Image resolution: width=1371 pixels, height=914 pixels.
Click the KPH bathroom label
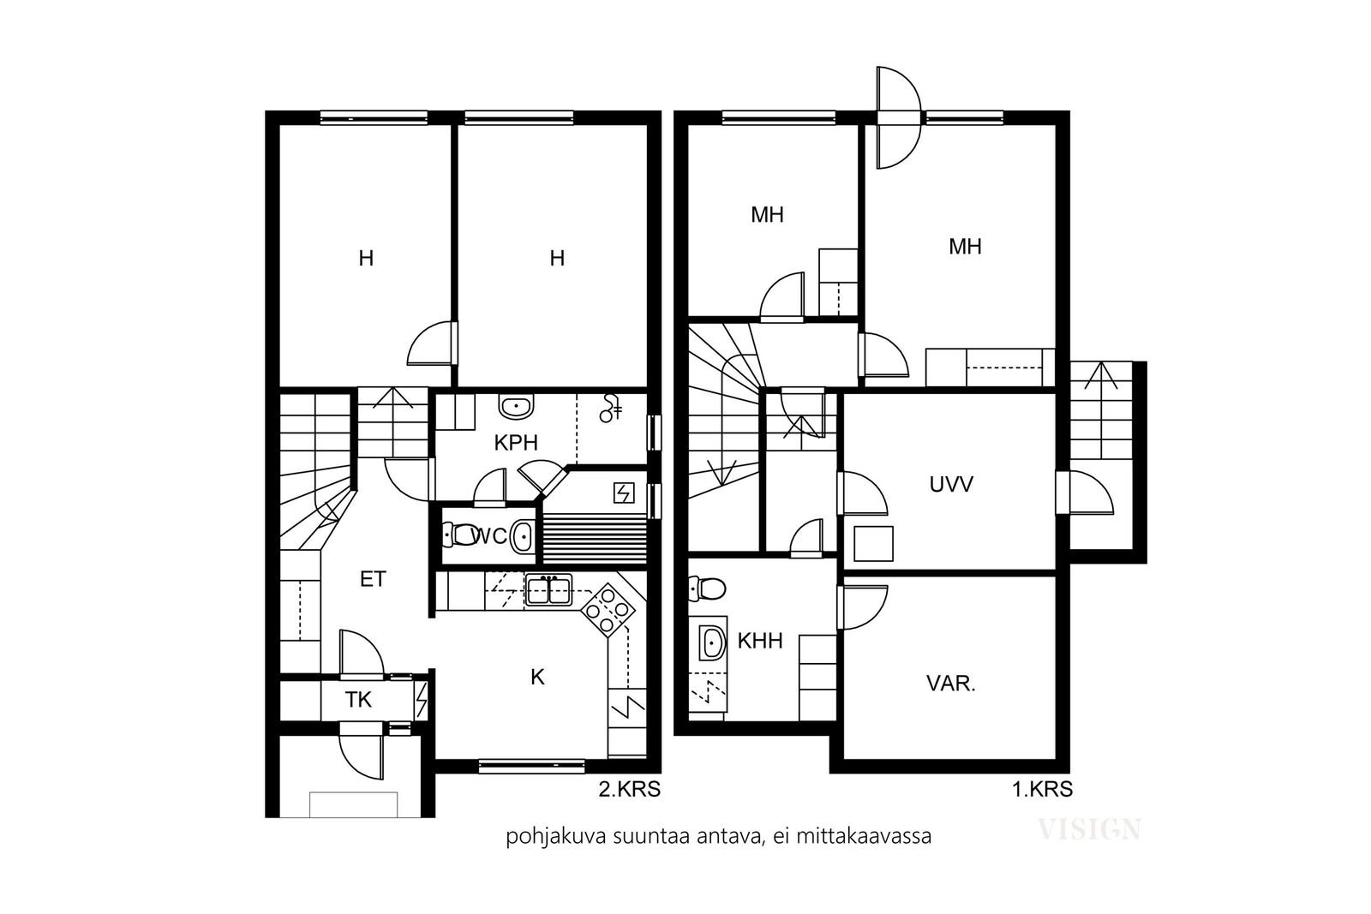[516, 442]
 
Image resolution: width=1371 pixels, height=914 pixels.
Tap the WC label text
[489, 536]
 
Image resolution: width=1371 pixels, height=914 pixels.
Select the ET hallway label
[373, 579]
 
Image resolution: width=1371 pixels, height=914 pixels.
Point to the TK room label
[358, 699]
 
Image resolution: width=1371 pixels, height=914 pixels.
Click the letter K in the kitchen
[537, 677]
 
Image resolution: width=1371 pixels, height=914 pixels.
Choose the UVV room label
[951, 485]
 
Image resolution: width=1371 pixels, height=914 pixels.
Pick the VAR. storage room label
[951, 684]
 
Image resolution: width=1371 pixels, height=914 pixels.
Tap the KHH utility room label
[760, 641]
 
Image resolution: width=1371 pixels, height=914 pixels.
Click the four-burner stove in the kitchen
[608, 610]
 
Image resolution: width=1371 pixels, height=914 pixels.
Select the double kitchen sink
[548, 589]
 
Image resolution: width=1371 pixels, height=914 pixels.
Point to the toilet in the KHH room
[707, 588]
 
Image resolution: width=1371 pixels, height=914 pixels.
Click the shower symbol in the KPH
[610, 409]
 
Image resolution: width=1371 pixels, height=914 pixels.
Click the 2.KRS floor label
[629, 789]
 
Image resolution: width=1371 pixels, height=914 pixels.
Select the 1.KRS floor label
[1042, 789]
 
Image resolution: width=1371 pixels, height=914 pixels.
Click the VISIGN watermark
[1089, 829]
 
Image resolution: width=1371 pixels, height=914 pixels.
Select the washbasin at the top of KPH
[516, 406]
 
